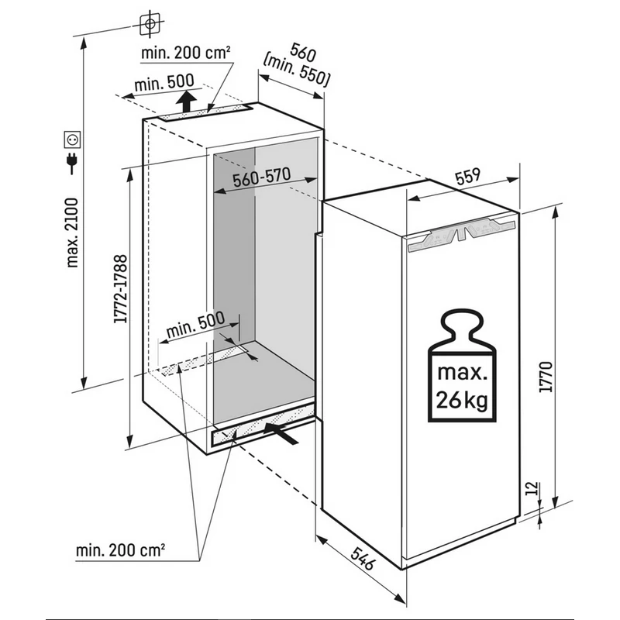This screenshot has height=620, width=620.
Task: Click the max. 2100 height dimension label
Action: click(73, 233)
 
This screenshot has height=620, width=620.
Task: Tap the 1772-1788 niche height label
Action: click(121, 288)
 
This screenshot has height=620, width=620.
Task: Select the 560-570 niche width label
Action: click(262, 177)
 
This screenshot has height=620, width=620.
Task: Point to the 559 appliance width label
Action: click(468, 177)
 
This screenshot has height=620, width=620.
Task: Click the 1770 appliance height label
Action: click(546, 377)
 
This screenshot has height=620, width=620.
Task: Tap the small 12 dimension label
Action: click(533, 488)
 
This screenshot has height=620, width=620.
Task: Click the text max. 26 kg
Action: click(461, 386)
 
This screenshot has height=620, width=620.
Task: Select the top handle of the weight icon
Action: click(462, 323)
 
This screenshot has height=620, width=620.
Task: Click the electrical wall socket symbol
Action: click(72, 139)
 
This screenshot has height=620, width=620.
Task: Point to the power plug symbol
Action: click(72, 164)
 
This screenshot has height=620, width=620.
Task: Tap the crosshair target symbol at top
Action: click(150, 24)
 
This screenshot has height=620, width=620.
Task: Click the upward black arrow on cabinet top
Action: click(186, 101)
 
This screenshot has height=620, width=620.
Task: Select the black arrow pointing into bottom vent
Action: click(281, 433)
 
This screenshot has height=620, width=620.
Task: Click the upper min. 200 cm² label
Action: click(185, 53)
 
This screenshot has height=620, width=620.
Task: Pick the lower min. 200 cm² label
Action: click(120, 550)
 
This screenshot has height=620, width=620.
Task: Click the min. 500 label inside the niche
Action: click(195, 324)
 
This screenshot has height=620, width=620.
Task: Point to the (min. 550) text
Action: click(297, 71)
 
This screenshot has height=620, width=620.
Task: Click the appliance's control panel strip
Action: click(462, 235)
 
